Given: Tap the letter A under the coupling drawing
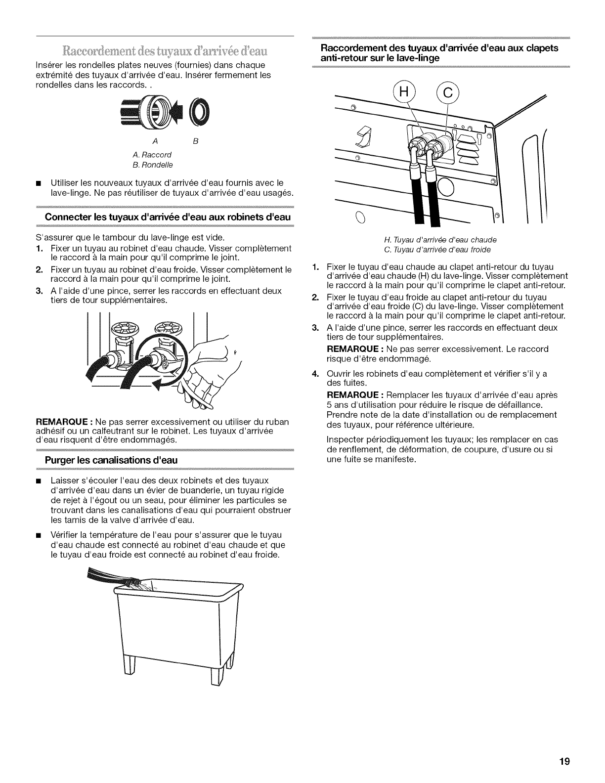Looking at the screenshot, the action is tap(155, 141).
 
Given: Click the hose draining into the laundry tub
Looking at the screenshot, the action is tap(119, 583).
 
